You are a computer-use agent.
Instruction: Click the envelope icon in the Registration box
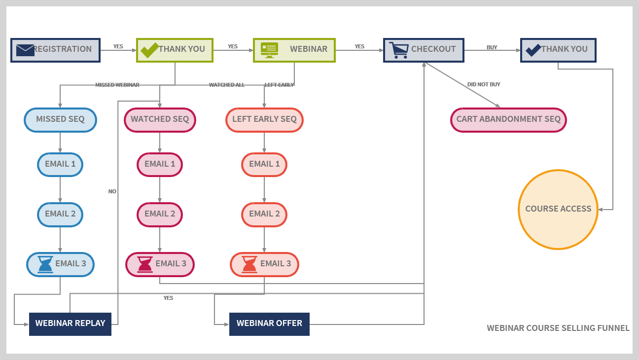coord(25,50)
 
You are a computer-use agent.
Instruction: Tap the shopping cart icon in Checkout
coord(398,50)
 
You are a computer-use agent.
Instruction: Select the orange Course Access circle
coord(558,209)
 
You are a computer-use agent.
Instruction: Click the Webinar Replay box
coord(70,324)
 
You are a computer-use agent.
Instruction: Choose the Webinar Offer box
coord(269,324)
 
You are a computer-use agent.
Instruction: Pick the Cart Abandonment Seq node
coord(508,120)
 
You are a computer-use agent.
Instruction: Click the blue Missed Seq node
coord(60,120)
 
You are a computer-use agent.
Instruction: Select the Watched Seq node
coord(160,120)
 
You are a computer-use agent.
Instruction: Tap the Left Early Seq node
coord(264,120)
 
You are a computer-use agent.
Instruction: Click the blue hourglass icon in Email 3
coord(45,264)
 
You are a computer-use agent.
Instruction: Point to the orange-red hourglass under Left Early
coord(249,264)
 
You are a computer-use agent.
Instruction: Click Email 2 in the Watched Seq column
coord(160,215)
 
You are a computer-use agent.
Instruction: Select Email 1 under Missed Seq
coord(60,164)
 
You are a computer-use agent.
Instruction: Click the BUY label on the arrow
coord(492,47)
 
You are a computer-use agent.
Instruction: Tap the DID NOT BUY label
coord(483,84)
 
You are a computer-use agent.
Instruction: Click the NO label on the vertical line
coord(112,191)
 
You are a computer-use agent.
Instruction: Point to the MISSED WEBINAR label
coord(117,85)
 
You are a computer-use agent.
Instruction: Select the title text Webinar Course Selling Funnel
coord(558,328)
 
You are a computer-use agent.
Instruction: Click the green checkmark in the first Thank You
coord(149,50)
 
